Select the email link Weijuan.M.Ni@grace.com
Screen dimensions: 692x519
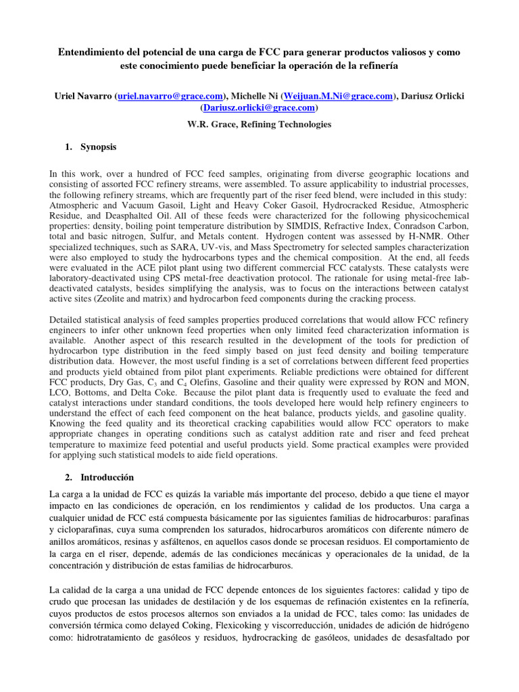[337, 97]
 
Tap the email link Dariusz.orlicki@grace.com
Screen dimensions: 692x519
[259, 107]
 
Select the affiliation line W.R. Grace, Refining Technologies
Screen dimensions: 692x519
[259, 124]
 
